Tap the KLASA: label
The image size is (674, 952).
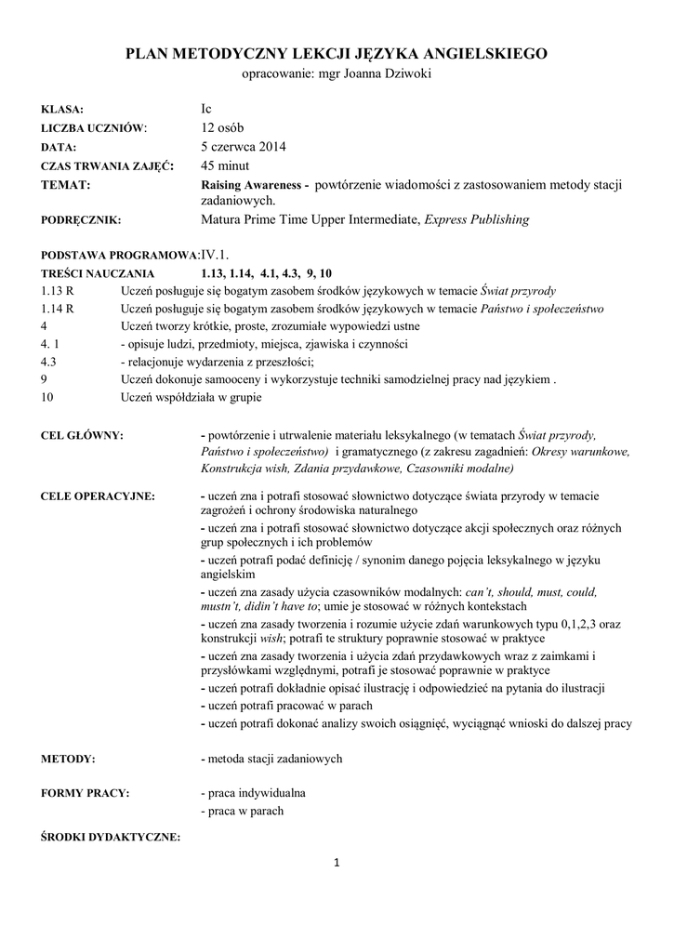pos(63,110)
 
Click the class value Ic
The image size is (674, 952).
pos(206,109)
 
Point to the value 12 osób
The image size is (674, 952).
pos(223,127)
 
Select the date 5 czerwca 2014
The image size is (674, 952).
pos(244,146)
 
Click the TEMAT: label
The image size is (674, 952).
pos(66,184)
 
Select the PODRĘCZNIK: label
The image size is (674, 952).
pos(82,221)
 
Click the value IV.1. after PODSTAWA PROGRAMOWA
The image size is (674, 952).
pos(216,254)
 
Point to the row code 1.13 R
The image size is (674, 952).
pos(59,291)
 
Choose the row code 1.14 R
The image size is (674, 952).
pos(59,309)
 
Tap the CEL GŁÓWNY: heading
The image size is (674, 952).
pos(84,434)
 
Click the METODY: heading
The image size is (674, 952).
pos(69,760)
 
